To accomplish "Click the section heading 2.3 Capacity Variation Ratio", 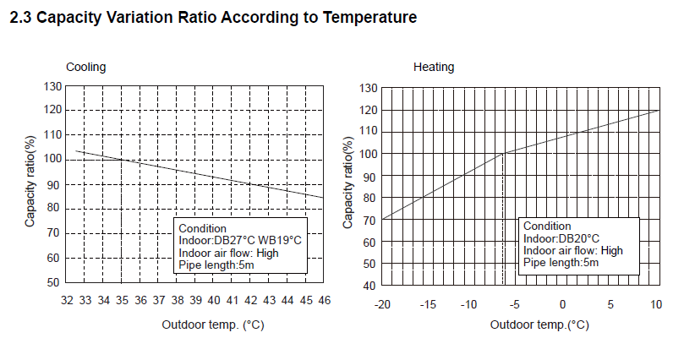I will (212, 18).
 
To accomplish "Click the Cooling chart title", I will (86, 67).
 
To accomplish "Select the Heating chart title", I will (434, 67).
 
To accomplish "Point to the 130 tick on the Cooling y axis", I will (53, 86).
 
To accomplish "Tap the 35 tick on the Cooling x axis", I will (123, 300).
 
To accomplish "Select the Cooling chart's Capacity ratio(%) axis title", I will (30, 183).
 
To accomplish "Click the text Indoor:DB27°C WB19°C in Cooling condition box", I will (240, 241).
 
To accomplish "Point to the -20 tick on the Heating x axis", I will (382, 304).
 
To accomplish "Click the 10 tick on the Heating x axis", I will (656, 304).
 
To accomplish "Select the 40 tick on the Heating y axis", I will (369, 286).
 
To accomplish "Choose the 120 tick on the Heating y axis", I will (367, 110).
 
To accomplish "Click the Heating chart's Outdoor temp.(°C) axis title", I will (539, 325).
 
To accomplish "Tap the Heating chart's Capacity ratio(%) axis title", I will (347, 184).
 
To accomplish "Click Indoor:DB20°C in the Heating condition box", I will (561, 238).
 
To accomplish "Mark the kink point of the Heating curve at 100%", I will (503, 154).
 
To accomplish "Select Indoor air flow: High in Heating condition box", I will (573, 250).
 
